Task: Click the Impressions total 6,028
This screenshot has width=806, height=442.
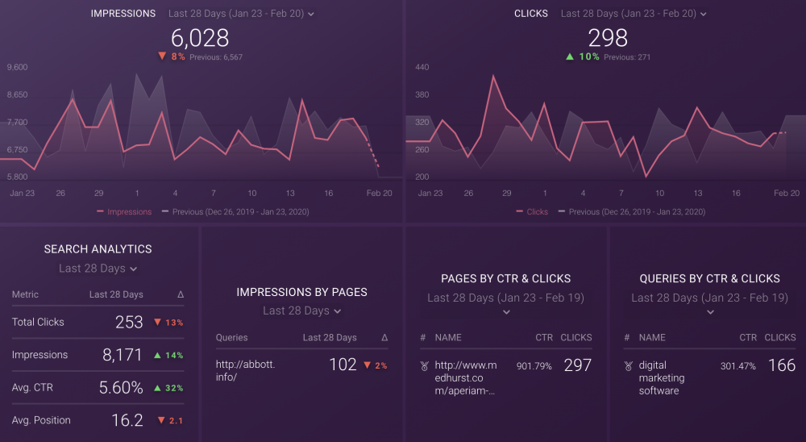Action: click(x=200, y=38)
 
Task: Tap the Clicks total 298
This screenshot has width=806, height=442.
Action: click(x=608, y=38)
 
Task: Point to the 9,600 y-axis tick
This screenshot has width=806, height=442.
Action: click(x=17, y=67)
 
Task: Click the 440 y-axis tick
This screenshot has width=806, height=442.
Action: click(x=422, y=67)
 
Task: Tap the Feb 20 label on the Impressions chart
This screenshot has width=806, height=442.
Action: click(x=379, y=194)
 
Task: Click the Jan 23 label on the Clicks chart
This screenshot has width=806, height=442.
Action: click(x=430, y=194)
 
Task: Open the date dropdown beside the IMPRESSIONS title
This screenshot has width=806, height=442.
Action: click(x=241, y=14)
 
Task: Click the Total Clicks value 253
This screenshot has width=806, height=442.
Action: click(x=129, y=323)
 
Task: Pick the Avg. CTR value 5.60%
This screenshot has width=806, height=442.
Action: click(x=121, y=388)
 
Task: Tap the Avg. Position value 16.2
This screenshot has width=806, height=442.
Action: click(x=127, y=420)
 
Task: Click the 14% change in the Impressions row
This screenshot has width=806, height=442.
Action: click(x=169, y=356)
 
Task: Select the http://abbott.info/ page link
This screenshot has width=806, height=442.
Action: click(x=245, y=370)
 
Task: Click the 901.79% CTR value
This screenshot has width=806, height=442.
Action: click(x=534, y=366)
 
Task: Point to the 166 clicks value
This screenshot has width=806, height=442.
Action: click(x=782, y=365)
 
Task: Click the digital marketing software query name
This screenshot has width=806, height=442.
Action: click(x=662, y=378)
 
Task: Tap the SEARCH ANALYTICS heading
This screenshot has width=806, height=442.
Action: click(x=98, y=249)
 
